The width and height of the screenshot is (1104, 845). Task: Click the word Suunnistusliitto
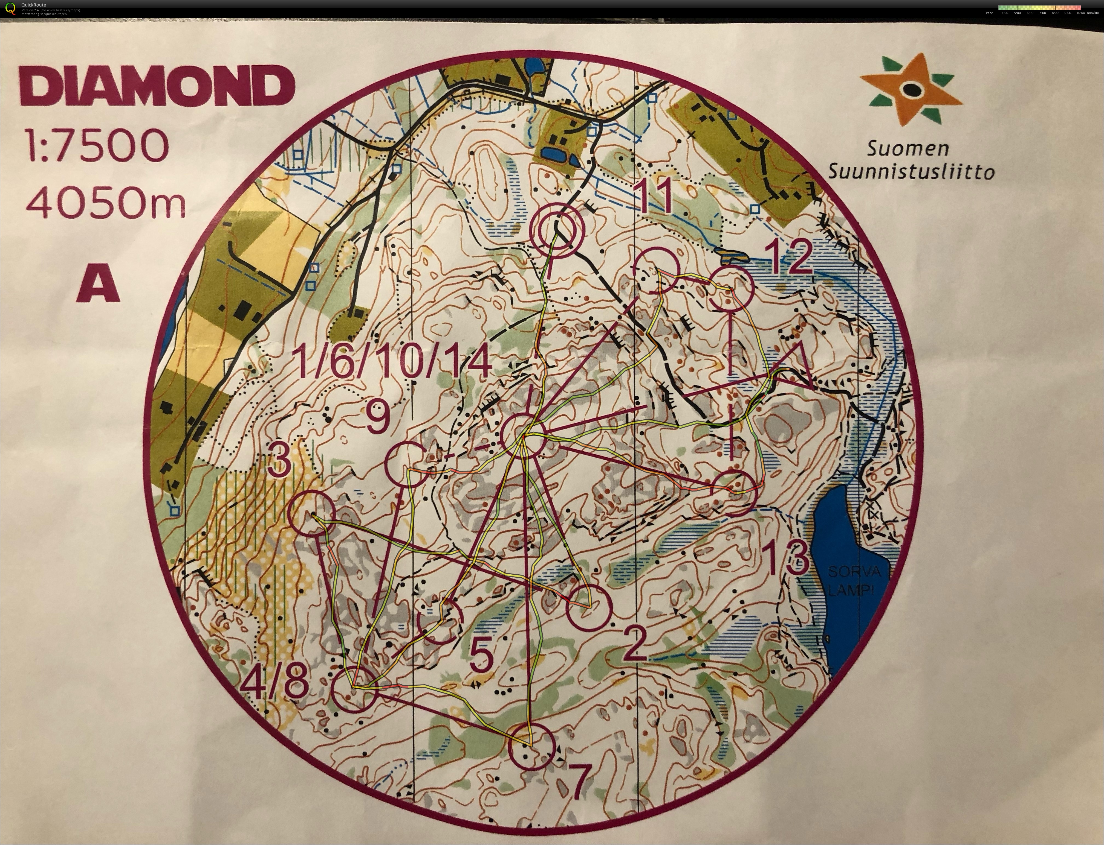(911, 172)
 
